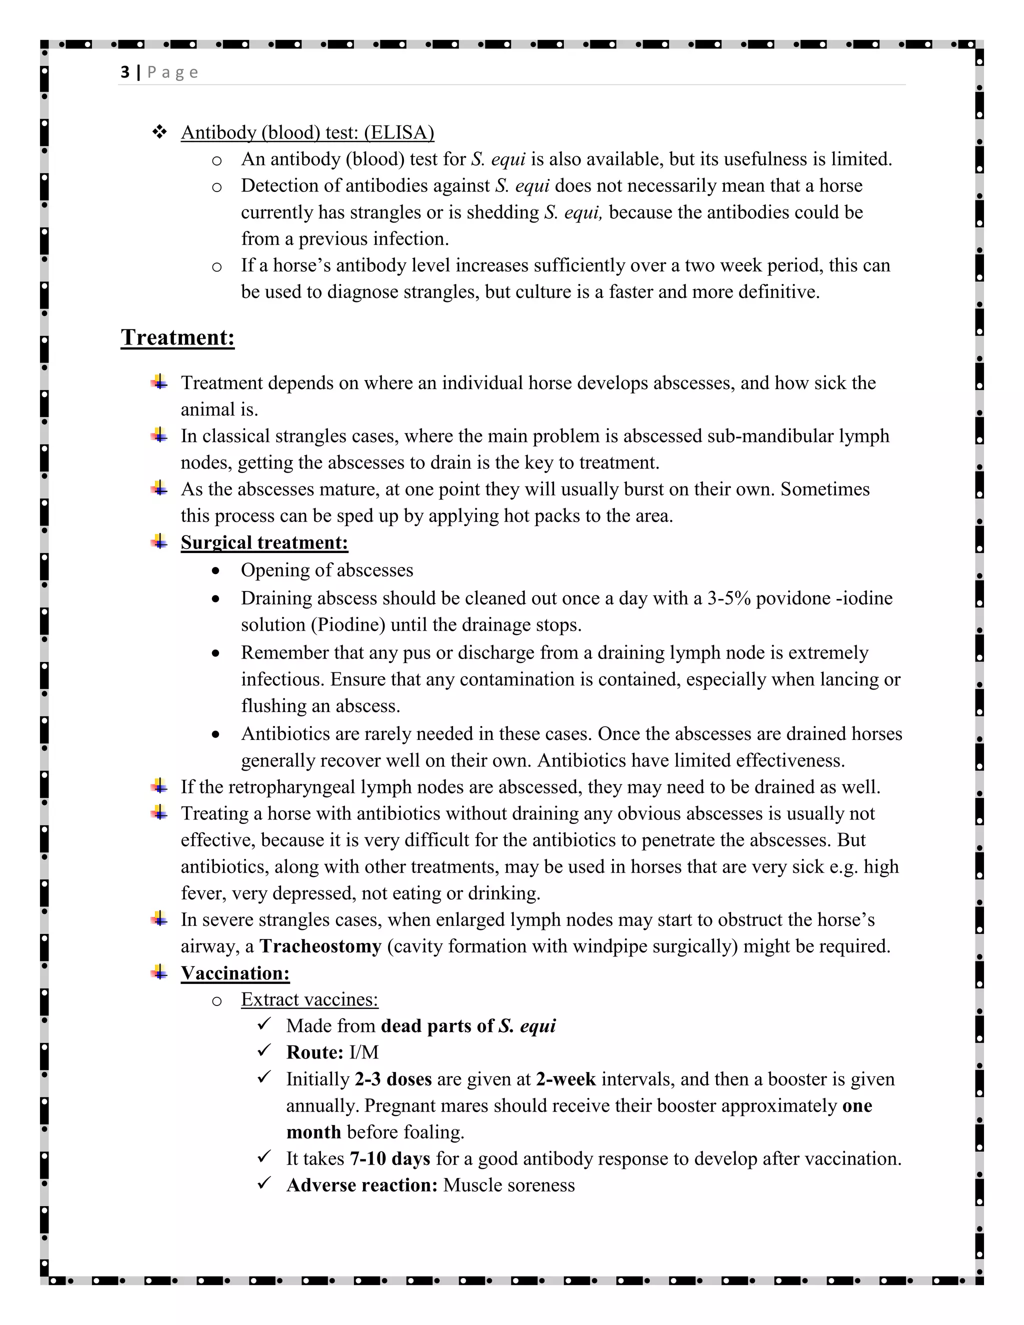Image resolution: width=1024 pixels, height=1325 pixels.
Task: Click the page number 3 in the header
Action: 125,72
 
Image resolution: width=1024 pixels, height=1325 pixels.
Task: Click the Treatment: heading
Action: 177,337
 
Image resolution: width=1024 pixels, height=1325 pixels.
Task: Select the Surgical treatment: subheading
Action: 264,542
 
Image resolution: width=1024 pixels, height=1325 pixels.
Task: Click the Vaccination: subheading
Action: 235,973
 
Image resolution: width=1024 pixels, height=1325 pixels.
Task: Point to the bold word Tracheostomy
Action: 320,946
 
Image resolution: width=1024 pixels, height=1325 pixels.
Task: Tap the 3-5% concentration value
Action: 728,598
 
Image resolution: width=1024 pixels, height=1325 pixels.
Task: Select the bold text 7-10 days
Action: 390,1159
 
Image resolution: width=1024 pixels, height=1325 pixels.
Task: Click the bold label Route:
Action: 315,1052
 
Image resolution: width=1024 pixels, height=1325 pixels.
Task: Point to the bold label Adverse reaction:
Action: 361,1185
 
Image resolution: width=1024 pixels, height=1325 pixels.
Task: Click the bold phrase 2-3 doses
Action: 393,1079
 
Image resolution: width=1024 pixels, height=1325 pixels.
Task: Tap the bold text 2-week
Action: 565,1079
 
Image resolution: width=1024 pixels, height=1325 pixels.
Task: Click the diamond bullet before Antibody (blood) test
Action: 159,131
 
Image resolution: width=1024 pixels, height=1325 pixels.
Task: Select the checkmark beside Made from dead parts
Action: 264,1024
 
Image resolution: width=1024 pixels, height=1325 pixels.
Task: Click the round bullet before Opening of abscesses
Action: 216,571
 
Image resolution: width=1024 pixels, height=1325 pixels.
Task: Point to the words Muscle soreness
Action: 508,1185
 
